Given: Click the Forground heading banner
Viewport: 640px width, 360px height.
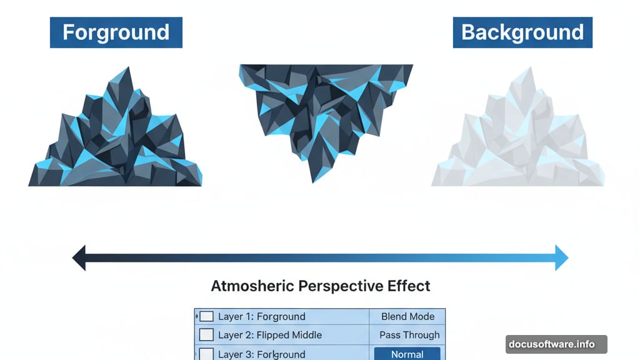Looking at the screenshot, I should tap(116, 32).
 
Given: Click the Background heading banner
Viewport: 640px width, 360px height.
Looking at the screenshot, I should tap(522, 32).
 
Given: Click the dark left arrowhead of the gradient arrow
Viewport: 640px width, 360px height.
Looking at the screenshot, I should tap(79, 257).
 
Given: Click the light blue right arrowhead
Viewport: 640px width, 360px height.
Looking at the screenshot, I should tap(561, 257).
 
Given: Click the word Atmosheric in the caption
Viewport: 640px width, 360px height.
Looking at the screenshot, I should tap(252, 286).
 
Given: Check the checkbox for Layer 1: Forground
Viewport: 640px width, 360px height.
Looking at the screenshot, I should tap(206, 317).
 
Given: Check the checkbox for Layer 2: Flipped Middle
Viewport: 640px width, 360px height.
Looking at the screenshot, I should tap(206, 335).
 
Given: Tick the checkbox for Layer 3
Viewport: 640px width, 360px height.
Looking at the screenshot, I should tap(206, 354).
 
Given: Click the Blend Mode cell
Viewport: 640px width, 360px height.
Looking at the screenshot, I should tap(407, 317).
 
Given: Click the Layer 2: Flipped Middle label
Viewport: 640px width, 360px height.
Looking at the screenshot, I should tap(270, 335).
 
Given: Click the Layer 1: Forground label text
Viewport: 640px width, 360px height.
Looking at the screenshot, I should tap(262, 317).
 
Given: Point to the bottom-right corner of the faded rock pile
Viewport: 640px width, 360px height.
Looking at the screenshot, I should tap(603, 184).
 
